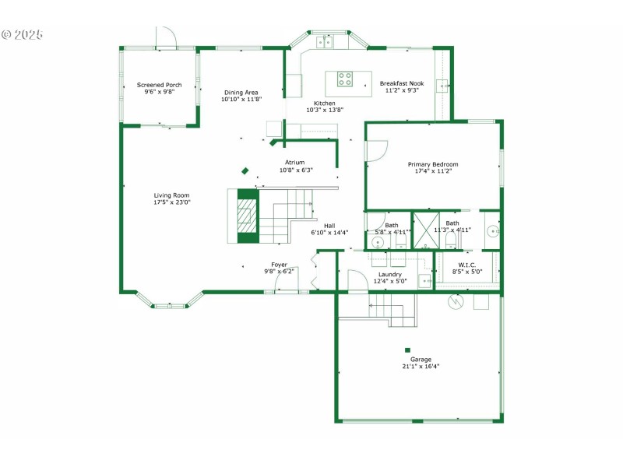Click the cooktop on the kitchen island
coord(345,78)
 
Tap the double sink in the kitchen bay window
coord(326,43)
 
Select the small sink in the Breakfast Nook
coord(442,86)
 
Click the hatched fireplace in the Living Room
coord(247,216)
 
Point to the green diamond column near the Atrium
coord(245,171)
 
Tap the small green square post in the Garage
coord(407,350)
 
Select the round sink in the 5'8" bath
coord(378,242)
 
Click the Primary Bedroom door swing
coord(375,150)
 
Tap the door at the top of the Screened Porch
coord(166,37)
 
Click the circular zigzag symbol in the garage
coord(456,301)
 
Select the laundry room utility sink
coord(424,280)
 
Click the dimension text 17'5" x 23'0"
coord(171,202)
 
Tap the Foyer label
coord(279,265)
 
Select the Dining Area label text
coord(241,92)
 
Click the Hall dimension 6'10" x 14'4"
coord(329,232)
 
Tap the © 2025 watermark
coord(23,35)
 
